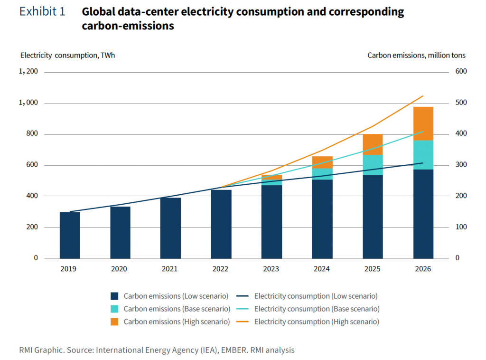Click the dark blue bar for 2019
70,235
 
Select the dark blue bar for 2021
170,228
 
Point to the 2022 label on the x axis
221,269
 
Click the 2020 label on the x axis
120,269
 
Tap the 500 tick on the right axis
461,103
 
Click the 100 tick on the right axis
461,227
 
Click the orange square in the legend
114,322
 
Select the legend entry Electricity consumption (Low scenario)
316,296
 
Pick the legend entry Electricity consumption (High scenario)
316,322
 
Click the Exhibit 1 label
42,12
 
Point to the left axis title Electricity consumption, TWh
67,55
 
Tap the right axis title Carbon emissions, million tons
416,55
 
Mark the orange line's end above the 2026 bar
423,96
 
